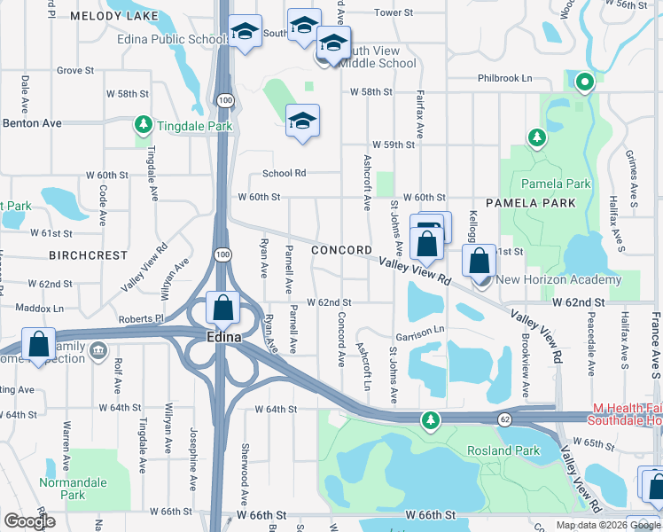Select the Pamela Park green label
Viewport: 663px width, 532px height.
tap(556, 184)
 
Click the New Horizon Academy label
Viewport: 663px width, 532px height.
tap(559, 280)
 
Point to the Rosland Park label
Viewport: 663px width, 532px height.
tap(504, 450)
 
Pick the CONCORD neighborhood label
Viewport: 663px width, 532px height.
tap(342, 251)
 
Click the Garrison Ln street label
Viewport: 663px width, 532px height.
tap(420, 331)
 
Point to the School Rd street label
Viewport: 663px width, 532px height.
tap(284, 174)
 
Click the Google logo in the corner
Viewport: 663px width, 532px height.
tap(30, 520)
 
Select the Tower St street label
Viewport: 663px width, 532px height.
tap(394, 12)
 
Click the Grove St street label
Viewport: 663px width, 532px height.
tap(74, 70)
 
